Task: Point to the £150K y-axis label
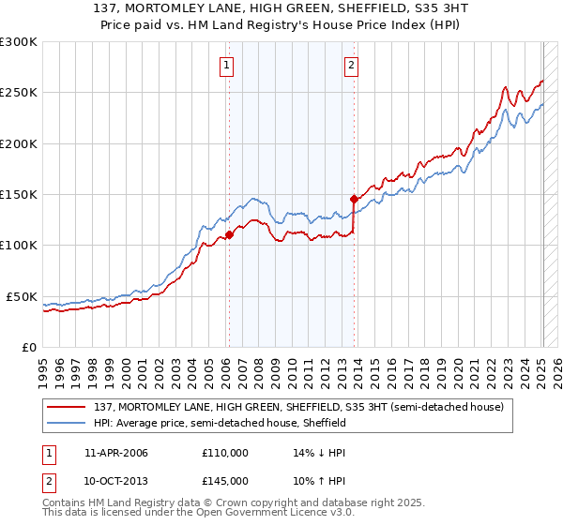coord(18,195)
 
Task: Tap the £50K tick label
coord(22,296)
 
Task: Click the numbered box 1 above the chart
coord(228,66)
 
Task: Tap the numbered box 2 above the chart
coord(351,66)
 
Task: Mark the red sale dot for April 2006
coord(229,235)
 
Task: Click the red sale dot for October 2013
coord(354,199)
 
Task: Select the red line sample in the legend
coord(68,407)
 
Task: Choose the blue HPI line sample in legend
coord(68,423)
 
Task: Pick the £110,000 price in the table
coord(224,453)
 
